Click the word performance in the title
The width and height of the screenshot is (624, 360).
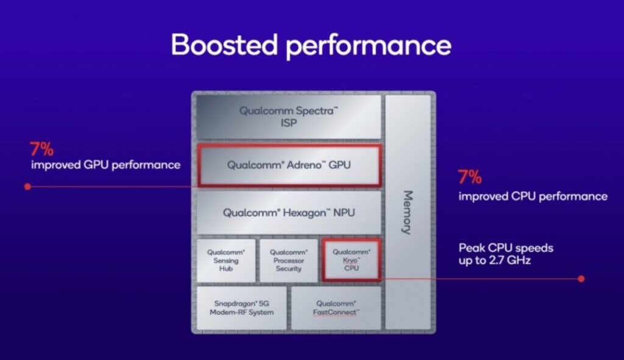(369, 46)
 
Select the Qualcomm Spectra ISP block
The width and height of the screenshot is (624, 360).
(288, 116)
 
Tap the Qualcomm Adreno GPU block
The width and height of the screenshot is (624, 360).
(289, 165)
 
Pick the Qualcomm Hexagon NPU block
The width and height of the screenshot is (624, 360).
(288, 213)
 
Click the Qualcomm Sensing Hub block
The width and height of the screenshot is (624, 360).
(226, 260)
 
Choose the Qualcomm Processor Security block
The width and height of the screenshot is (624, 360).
(288, 260)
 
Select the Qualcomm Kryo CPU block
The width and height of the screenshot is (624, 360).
(352, 260)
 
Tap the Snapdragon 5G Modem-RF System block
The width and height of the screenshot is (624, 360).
(241, 308)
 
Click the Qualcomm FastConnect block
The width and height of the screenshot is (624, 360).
(336, 308)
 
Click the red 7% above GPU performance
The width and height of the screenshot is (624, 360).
(41, 150)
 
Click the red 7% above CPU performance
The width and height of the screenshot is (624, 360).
(470, 177)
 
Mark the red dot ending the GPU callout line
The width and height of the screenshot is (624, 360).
(27, 186)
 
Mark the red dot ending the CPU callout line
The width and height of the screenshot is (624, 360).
(581, 279)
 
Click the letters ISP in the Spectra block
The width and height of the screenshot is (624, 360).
(289, 123)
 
